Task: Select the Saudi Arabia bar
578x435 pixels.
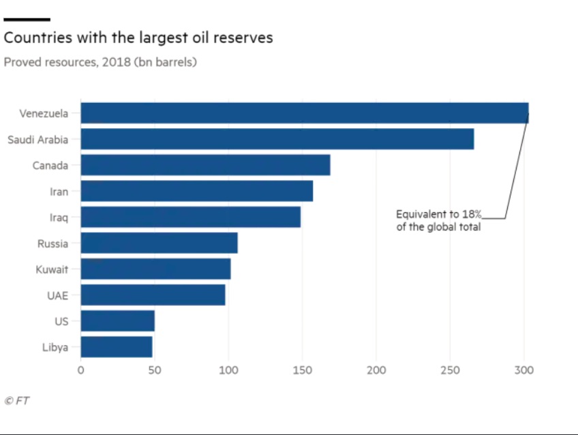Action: [277, 139]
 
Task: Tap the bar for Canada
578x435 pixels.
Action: [205, 165]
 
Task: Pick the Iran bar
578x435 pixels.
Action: [196, 191]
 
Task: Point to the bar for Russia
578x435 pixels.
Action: [159, 243]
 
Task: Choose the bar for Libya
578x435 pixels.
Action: [116, 346]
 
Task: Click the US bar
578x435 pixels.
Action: [117, 320]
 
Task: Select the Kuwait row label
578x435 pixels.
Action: [52, 269]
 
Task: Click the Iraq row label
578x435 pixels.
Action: [59, 217]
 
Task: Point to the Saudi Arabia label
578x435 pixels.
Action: [37, 140]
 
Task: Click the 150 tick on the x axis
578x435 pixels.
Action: [302, 370]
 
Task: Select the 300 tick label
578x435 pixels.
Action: [523, 370]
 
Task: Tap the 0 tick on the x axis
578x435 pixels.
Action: [80, 370]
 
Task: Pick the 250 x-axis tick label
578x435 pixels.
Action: [450, 370]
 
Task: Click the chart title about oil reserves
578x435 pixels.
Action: [138, 37]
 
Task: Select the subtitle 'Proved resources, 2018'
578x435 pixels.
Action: [100, 62]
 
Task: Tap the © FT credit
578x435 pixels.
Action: [17, 401]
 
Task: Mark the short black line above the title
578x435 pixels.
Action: [27, 19]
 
